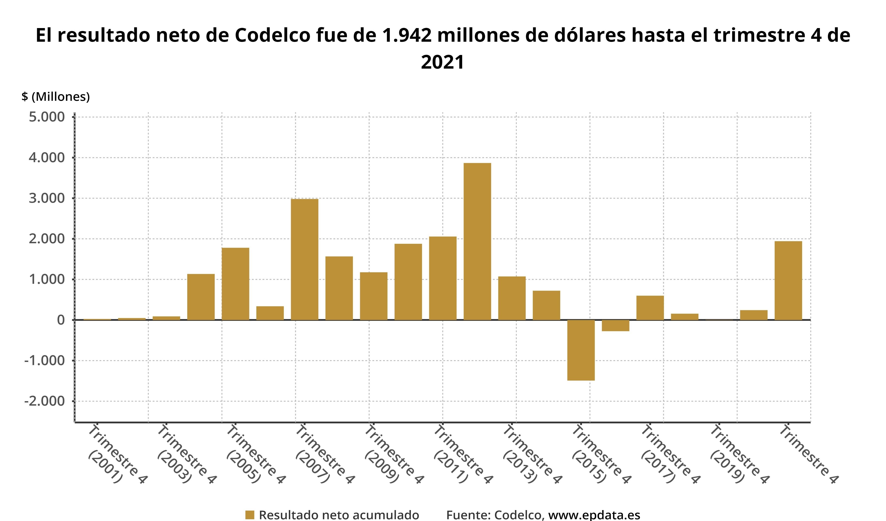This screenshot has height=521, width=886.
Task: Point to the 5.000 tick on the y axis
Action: point(47,117)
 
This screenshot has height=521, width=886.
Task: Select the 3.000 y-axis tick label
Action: point(47,198)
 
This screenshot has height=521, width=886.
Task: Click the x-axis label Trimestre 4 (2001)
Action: point(116,454)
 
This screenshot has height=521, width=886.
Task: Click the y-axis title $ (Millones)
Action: point(55,96)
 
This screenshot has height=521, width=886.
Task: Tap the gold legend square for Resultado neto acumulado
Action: point(250,515)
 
